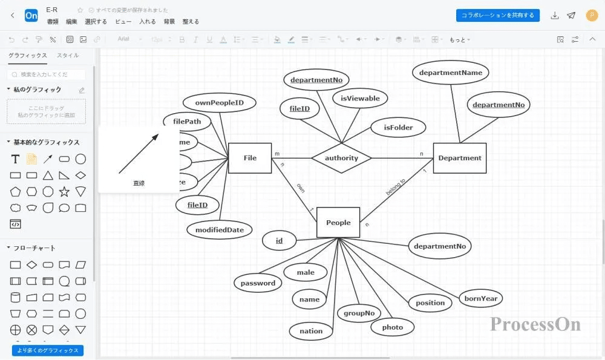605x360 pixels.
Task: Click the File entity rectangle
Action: click(250, 159)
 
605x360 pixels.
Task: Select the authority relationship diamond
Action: click(341, 159)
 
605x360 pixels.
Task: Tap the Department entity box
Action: click(460, 159)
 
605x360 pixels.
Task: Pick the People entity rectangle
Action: click(338, 223)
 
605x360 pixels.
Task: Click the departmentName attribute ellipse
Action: click(451, 73)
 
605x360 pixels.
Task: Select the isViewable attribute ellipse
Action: click(360, 99)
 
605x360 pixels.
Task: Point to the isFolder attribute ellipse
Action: click(398, 128)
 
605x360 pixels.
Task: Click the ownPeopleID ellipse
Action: click(219, 103)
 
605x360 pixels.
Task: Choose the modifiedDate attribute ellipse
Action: click(220, 230)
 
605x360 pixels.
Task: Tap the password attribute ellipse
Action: click(258, 283)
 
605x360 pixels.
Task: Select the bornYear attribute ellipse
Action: click(481, 298)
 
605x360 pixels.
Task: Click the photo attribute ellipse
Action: click(392, 327)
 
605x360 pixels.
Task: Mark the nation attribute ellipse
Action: click(311, 331)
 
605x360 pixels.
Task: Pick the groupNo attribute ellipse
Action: click(359, 313)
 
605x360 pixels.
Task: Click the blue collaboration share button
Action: click(497, 15)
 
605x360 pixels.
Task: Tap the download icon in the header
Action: click(555, 16)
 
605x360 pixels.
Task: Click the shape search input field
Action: click(47, 74)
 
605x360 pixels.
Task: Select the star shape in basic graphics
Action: click(64, 192)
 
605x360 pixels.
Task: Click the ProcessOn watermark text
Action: click(535, 324)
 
